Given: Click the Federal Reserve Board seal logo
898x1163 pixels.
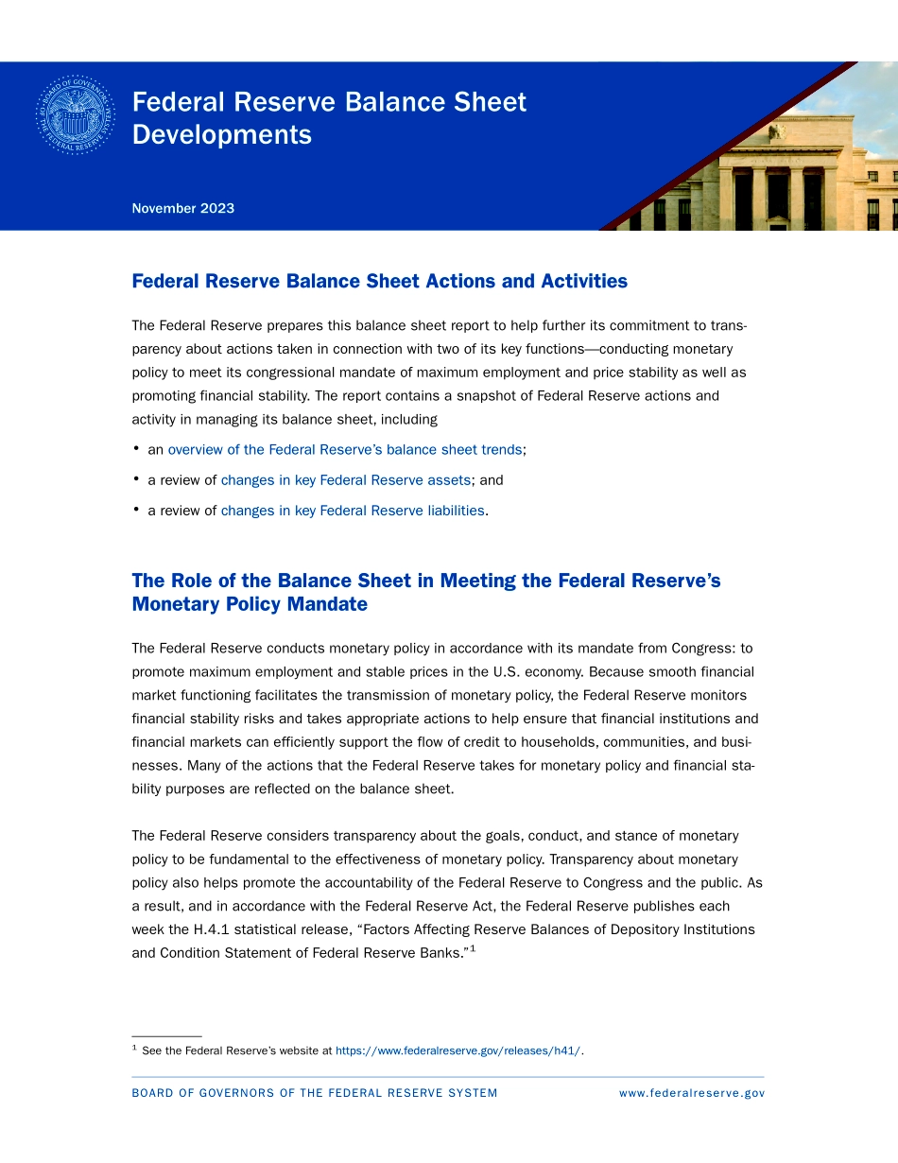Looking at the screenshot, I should coord(75,116).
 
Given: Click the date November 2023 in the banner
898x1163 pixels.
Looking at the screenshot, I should coord(182,208).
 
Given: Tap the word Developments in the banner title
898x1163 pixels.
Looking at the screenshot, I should coord(221,134).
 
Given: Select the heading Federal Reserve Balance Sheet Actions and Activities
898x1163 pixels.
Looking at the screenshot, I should coord(379,281).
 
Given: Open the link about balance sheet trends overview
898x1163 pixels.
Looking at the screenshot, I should coord(344,450).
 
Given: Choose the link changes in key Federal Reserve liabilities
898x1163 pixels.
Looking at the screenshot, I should coord(353,511).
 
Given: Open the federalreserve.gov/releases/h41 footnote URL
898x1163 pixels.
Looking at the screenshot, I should coord(458,1050).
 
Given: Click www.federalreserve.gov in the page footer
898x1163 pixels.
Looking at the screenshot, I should coord(691,1093).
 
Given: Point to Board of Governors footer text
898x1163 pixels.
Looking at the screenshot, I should coord(314,1093).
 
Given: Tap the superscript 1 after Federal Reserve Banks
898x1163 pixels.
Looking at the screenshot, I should coord(473,949).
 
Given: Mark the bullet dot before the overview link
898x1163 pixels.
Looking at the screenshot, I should coord(137,449).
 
